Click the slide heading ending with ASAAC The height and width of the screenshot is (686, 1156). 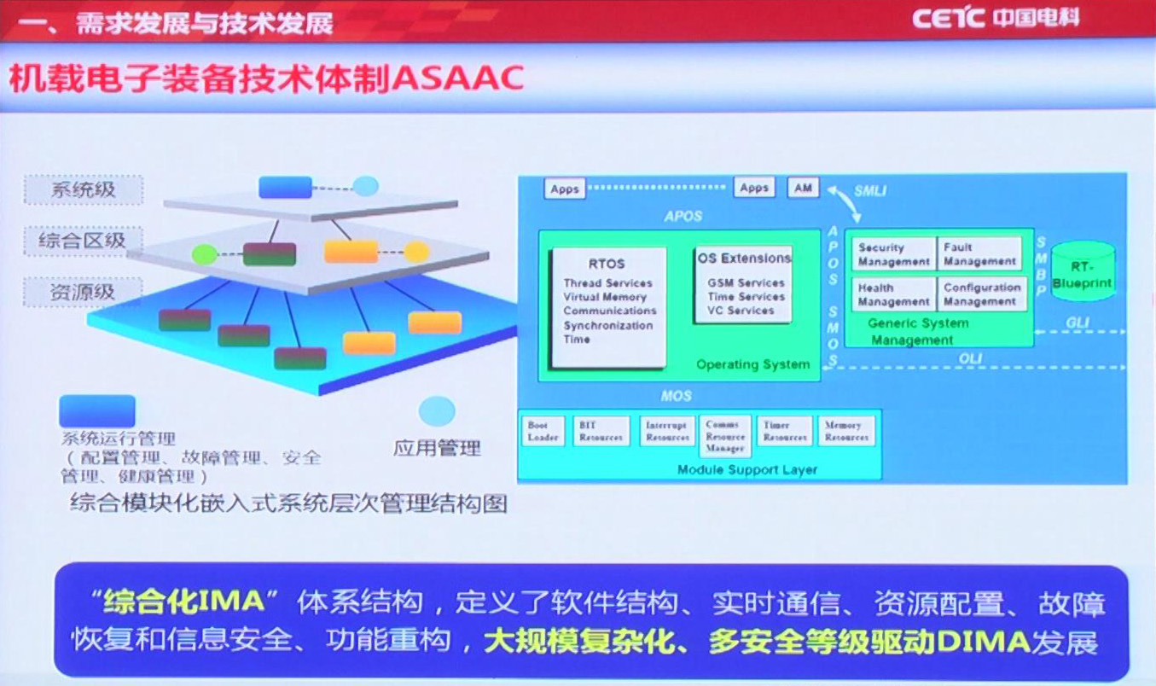point(265,79)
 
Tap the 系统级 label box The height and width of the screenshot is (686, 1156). point(83,189)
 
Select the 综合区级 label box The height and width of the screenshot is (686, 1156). point(83,241)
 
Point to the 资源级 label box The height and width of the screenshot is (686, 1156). point(83,292)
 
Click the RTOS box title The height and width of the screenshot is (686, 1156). point(607,264)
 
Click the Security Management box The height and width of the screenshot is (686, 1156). point(892,254)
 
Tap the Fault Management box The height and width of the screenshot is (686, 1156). point(979,254)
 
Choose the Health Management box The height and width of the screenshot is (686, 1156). point(892,294)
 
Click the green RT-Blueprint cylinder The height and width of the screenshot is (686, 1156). point(1082,271)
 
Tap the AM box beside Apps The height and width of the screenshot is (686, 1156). point(802,187)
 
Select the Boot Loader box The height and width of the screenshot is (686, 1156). point(543,431)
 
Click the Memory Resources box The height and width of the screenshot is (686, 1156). point(846,431)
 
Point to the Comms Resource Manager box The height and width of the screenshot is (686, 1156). point(725,436)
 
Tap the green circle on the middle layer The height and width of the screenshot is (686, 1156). point(204,253)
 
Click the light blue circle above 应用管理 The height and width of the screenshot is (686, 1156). point(436,410)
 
